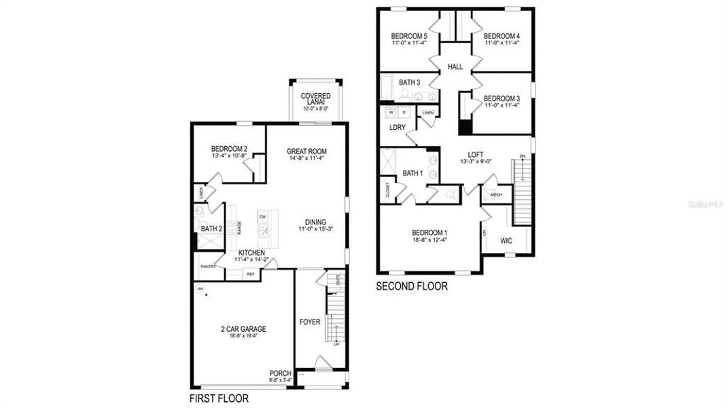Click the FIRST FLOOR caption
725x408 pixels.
pos(218,398)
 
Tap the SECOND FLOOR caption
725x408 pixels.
pos(412,287)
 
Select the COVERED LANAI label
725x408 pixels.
pos(316,99)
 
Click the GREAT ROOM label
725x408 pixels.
pos(306,152)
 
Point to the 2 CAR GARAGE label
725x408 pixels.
pos(243,329)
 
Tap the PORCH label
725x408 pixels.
pos(280,373)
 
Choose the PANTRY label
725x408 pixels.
pos(208,267)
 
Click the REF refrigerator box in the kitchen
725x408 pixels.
pos(250,274)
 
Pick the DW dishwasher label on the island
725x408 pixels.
pos(262,217)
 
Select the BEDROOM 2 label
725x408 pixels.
pos(228,149)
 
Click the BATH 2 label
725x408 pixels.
pos(211,228)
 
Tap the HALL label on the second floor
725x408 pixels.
pos(455,67)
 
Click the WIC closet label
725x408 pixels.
pos(506,241)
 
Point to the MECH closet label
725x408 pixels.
pos(496,194)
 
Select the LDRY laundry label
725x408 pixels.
pos(397,127)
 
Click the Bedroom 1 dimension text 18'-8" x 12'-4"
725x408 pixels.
pos(429,240)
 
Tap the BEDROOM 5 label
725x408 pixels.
pos(409,36)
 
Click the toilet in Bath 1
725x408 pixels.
pos(449,194)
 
